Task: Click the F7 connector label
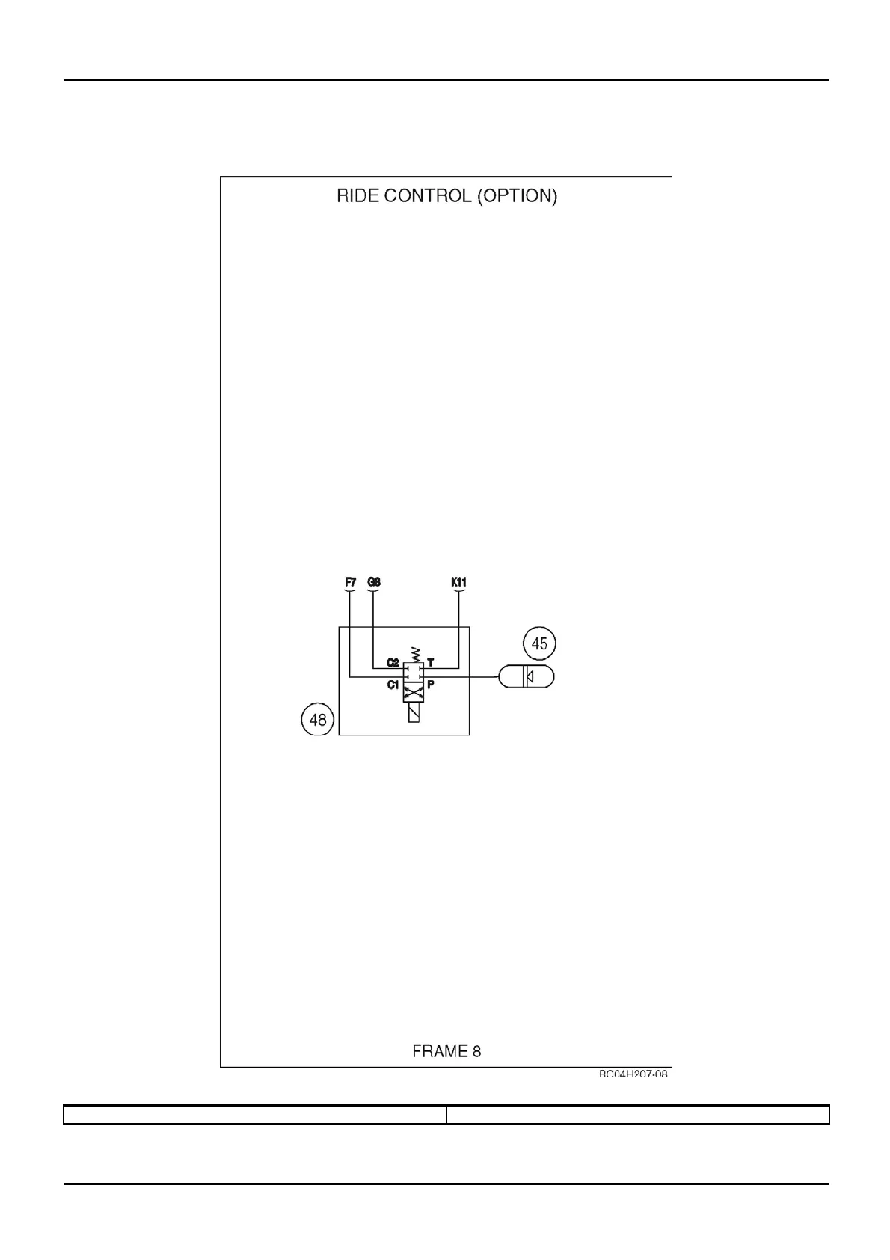pos(350,581)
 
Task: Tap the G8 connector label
pos(374,581)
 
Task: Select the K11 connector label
pos(459,581)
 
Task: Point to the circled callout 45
pos(539,643)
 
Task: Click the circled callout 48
pos(318,720)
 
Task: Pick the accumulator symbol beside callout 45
pos(527,676)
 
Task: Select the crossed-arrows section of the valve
pos(414,695)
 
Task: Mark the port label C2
pos(393,662)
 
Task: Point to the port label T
pos(430,662)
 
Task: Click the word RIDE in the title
pos(359,196)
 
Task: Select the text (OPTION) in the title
pos(518,196)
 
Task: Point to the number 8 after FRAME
pos(476,1051)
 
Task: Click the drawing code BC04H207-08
pos(633,1074)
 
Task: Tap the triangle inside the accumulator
pos(530,676)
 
